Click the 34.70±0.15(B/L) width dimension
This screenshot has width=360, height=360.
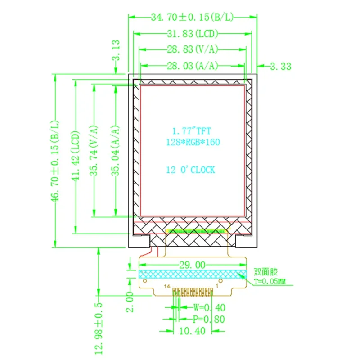pos(192,18)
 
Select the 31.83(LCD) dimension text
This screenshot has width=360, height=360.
pos(192,34)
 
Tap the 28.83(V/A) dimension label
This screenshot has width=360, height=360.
pos(192,49)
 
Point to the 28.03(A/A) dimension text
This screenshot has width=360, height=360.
pos(192,66)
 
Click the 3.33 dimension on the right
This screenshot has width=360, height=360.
pos(280,67)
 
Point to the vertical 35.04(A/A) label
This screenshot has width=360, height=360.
pos(116,149)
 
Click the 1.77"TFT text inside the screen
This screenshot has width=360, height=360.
pos(191,131)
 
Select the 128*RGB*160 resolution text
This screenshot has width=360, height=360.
pos(193,142)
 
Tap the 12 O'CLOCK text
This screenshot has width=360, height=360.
pos(190,170)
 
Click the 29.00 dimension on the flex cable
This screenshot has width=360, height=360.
pos(193,265)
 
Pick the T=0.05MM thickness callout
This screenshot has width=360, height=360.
pos(270,282)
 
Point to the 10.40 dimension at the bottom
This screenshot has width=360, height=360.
pos(193,331)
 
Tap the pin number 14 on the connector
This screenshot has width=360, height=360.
pos(167,286)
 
